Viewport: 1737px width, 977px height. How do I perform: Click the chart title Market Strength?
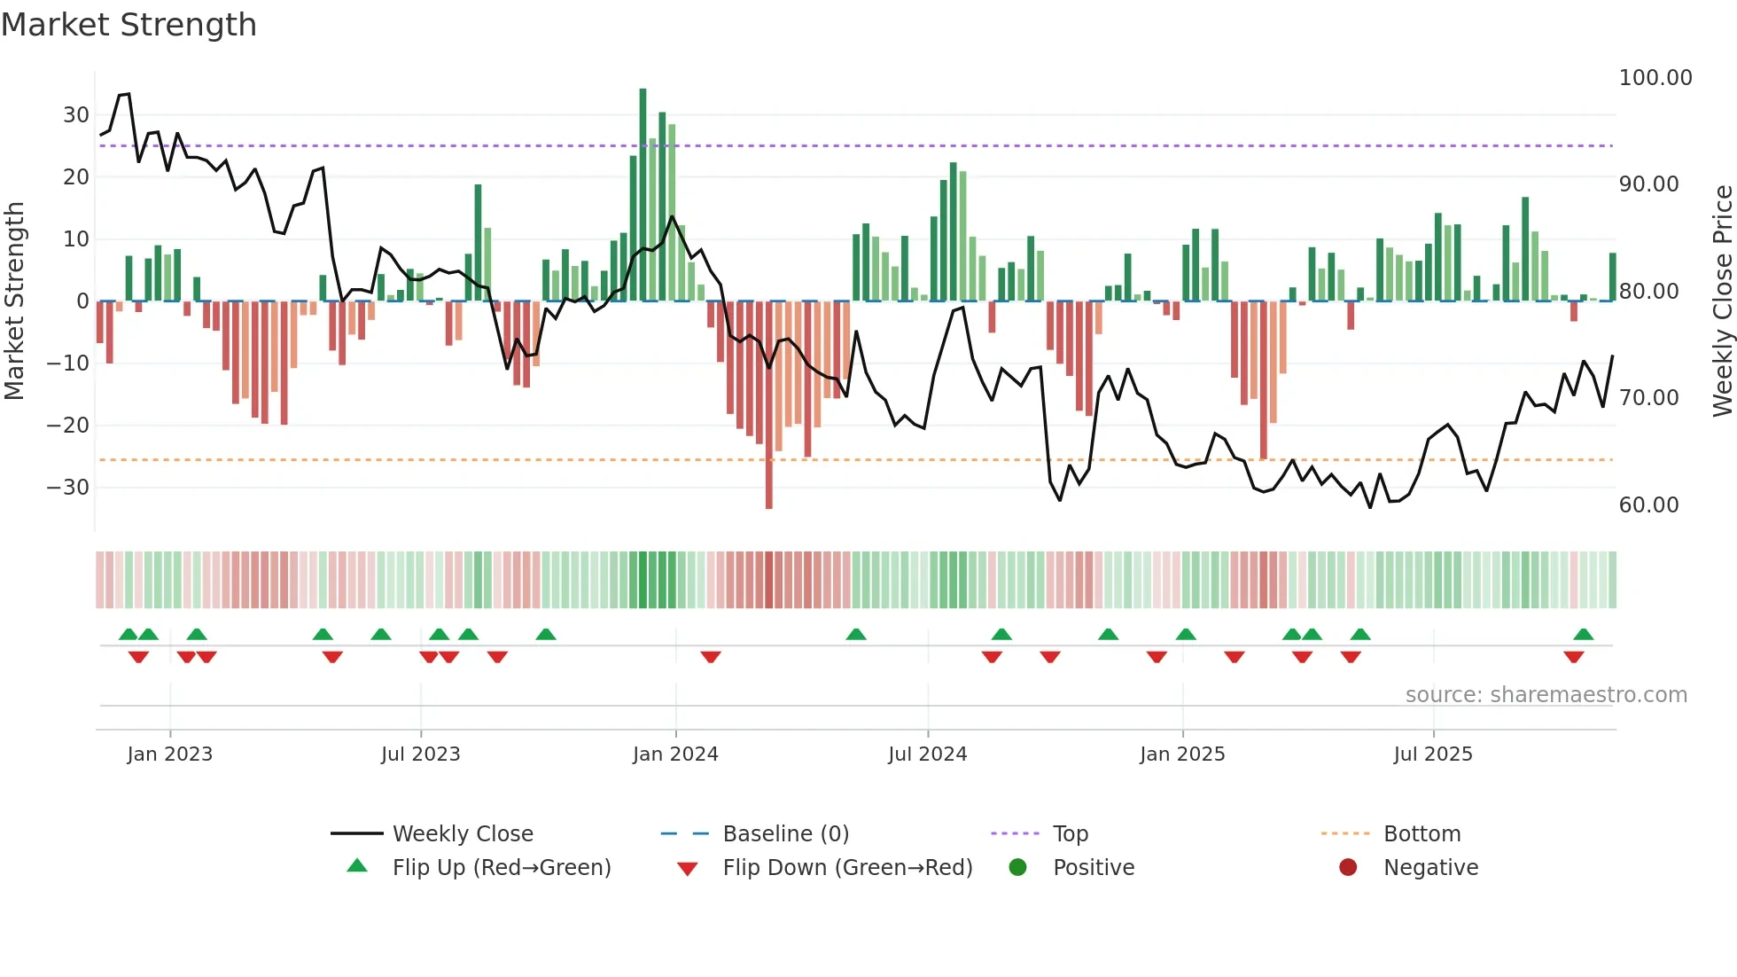[x=129, y=25]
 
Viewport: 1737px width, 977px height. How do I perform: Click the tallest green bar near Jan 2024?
[x=643, y=195]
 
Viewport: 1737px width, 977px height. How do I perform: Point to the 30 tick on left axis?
[x=76, y=115]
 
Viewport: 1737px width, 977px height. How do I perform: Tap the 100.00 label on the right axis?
[x=1655, y=78]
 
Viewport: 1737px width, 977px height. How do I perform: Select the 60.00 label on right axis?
[x=1648, y=505]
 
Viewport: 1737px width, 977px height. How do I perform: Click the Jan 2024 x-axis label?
[x=675, y=754]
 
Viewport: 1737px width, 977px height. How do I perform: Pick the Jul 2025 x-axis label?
[x=1432, y=754]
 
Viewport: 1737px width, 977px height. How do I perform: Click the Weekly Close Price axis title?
[x=1722, y=301]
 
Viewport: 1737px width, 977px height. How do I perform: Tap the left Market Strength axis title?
[x=14, y=301]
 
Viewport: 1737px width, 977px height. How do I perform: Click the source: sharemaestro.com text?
[x=1546, y=695]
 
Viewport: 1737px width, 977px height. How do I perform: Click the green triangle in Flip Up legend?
[x=357, y=866]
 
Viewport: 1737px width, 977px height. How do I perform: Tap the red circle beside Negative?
[x=1348, y=867]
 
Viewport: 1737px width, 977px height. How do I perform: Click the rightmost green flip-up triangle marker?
[x=1584, y=635]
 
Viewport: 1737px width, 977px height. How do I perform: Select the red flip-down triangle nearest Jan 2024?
[x=711, y=657]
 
